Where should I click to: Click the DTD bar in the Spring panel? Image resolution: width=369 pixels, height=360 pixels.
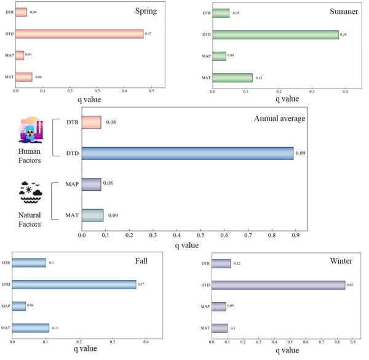click(x=79, y=34)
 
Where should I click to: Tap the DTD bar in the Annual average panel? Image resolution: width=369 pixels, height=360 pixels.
click(x=188, y=153)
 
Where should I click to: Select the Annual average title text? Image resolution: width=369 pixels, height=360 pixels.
click(x=279, y=118)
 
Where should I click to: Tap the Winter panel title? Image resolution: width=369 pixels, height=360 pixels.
click(x=341, y=261)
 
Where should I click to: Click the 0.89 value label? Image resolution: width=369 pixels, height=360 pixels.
click(x=301, y=153)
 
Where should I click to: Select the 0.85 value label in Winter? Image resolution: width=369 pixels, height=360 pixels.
click(x=349, y=284)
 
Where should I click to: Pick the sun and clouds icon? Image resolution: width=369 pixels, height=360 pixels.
click(x=30, y=192)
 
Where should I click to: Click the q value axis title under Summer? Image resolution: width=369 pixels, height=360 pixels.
click(x=287, y=98)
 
